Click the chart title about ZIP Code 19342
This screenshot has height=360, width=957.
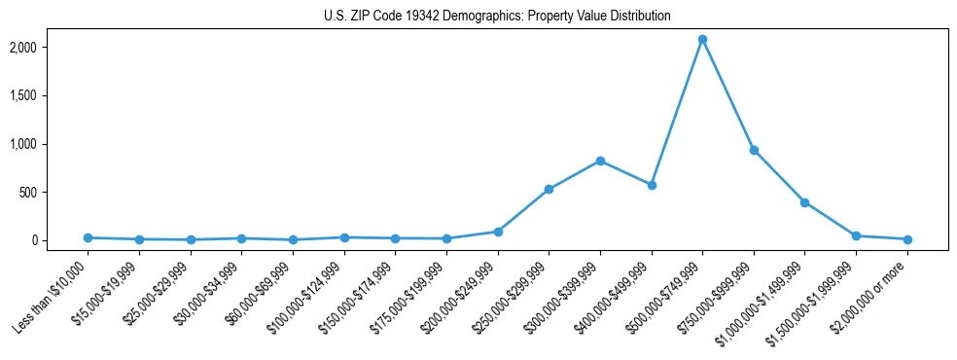click(x=497, y=17)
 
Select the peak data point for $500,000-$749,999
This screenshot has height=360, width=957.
click(x=702, y=40)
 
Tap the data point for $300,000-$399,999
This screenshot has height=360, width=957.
click(x=600, y=161)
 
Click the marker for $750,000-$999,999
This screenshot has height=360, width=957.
click(x=754, y=150)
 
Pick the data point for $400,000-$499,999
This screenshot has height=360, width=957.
click(x=652, y=185)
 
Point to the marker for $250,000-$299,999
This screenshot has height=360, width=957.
click(x=549, y=189)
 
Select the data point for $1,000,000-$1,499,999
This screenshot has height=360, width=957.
click(x=804, y=202)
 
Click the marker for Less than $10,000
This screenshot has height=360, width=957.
click(x=88, y=237)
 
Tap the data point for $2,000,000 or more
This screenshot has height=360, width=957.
click(x=907, y=239)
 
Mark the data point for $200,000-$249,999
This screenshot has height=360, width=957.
click(x=498, y=232)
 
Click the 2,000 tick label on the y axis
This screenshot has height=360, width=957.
click(x=51, y=48)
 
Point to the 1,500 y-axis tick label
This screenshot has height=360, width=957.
click(x=51, y=95)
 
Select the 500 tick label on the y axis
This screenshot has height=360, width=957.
click(x=54, y=193)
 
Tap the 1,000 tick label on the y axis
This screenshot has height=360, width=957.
click(x=51, y=144)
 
